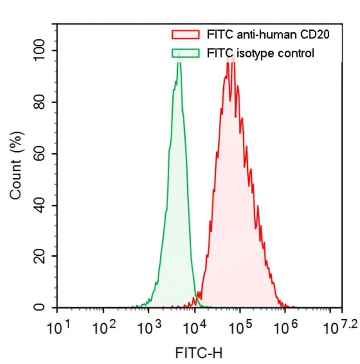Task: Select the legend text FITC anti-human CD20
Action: click(x=268, y=35)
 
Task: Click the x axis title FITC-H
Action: click(x=198, y=353)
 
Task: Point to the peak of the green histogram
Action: click(x=179, y=59)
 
